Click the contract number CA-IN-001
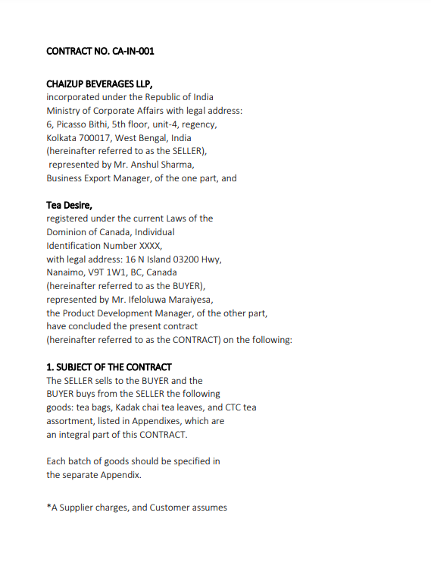(x=136, y=52)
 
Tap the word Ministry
(x=64, y=111)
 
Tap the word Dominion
(x=68, y=232)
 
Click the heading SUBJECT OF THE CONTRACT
(x=114, y=367)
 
